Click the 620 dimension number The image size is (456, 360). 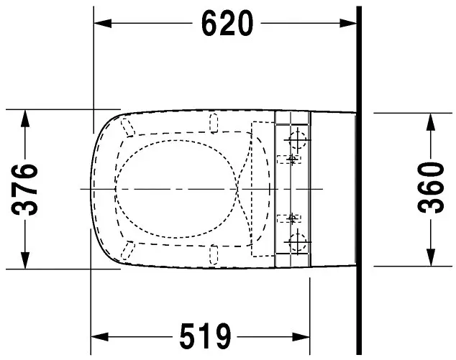pyautogui.click(x=227, y=24)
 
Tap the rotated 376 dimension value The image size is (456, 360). pyautogui.click(x=25, y=189)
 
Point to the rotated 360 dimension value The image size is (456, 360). pyautogui.click(x=430, y=189)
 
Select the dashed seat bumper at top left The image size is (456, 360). pyautogui.click(x=128, y=127)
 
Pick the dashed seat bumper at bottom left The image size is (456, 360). pyautogui.click(x=128, y=249)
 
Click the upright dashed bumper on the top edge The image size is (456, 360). pyautogui.click(x=213, y=123)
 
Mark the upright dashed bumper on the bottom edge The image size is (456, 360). pyautogui.click(x=213, y=254)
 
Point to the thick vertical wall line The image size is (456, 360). pyautogui.click(x=357, y=180)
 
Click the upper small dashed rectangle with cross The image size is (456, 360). pyautogui.click(x=292, y=157)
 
